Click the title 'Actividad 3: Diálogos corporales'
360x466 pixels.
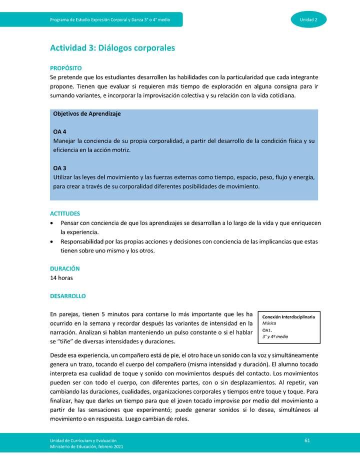point(112,48)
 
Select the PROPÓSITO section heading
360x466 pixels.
point(65,68)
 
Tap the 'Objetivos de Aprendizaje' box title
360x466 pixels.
point(86,113)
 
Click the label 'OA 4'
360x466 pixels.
point(59,131)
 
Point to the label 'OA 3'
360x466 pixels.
point(59,168)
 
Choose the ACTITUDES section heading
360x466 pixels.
point(65,213)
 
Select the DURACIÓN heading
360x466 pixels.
point(64,268)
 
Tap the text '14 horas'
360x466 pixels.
point(61,278)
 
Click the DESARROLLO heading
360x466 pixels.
point(67,296)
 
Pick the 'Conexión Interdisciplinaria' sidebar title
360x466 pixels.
point(288,317)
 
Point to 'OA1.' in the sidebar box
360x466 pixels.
point(267,330)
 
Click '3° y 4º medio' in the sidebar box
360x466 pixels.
point(275,336)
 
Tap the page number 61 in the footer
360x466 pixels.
point(307,439)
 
